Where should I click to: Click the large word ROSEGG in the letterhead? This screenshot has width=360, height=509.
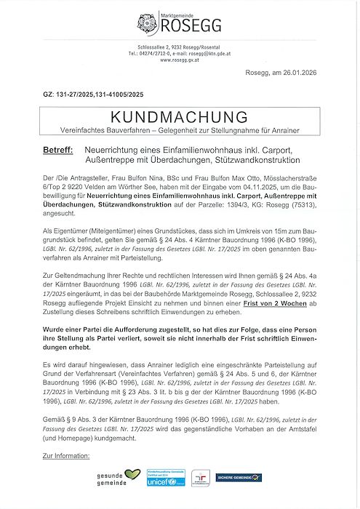[x=187, y=27]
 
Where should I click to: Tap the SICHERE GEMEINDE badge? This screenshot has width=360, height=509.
[x=243, y=478]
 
